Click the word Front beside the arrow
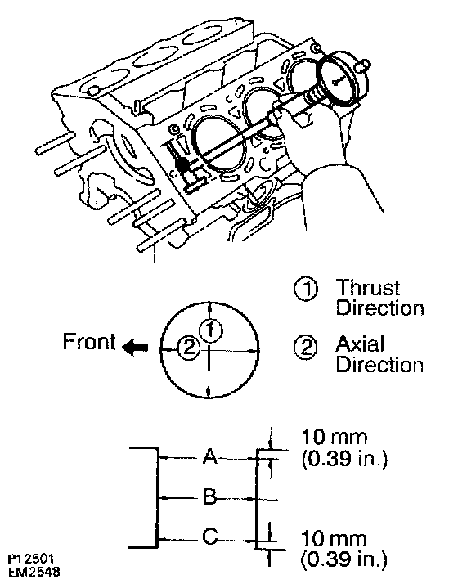click(89, 341)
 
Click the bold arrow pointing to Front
click(135, 348)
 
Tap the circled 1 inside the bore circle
click(211, 330)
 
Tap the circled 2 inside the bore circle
click(189, 347)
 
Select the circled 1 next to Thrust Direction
click(306, 289)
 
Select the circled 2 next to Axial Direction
click(306, 347)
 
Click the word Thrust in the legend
click(368, 288)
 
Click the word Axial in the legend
click(359, 344)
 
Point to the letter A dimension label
click(210, 456)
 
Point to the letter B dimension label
click(210, 496)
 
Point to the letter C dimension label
click(210, 537)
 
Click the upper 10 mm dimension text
click(334, 437)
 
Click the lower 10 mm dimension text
click(334, 538)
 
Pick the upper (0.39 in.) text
click(344, 460)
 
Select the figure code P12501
click(31, 559)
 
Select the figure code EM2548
click(34, 572)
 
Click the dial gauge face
click(341, 79)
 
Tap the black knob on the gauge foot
click(182, 164)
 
